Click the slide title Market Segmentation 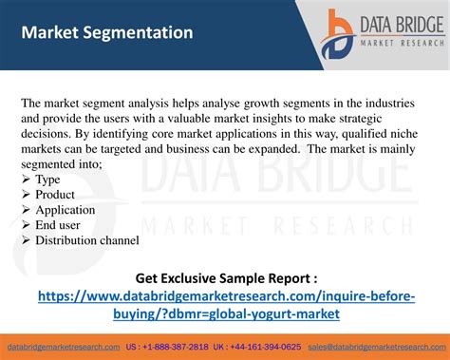(107, 32)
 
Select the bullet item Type (47, 180)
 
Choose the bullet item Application (66, 210)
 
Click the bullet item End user (58, 225)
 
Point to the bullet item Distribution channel (87, 240)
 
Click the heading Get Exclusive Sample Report (226, 278)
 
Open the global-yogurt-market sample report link (226, 305)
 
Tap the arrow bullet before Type (26, 180)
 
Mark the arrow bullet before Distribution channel (26, 240)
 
